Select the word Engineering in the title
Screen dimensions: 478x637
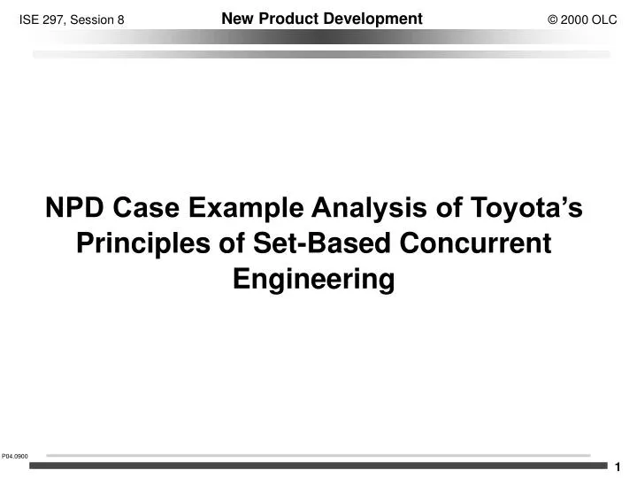tap(313, 279)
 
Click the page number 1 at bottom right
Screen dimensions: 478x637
tap(618, 467)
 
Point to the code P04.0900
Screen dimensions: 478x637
tap(15, 456)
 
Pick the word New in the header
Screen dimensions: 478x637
tap(235, 19)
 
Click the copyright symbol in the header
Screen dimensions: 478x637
tap(554, 19)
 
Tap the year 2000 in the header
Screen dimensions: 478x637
tap(575, 19)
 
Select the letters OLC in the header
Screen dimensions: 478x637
tap(605, 19)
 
